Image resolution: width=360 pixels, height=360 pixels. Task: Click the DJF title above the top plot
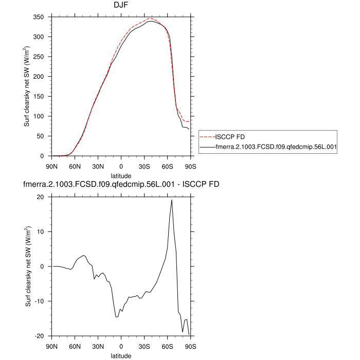pos(121,5)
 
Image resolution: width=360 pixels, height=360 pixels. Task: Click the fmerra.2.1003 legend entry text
pos(276,147)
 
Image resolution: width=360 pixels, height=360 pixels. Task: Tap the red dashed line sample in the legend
pos(207,137)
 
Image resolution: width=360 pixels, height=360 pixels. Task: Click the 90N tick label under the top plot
pos(52,166)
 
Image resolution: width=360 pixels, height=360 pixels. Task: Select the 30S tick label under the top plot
pos(144,166)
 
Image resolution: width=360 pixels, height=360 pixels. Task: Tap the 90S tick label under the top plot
pos(190,166)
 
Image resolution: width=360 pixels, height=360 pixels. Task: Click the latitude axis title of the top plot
pos(121,175)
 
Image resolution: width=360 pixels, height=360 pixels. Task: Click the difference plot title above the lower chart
pos(120,184)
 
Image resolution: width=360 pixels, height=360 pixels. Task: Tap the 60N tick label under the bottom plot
pos(75,346)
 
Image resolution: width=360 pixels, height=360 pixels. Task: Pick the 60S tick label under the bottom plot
pos(167,346)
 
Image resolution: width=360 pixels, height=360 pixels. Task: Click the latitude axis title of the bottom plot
pos(121,355)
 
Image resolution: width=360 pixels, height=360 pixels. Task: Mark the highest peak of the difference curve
pos(171,200)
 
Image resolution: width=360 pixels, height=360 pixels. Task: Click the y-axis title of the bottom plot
pos(28,266)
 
